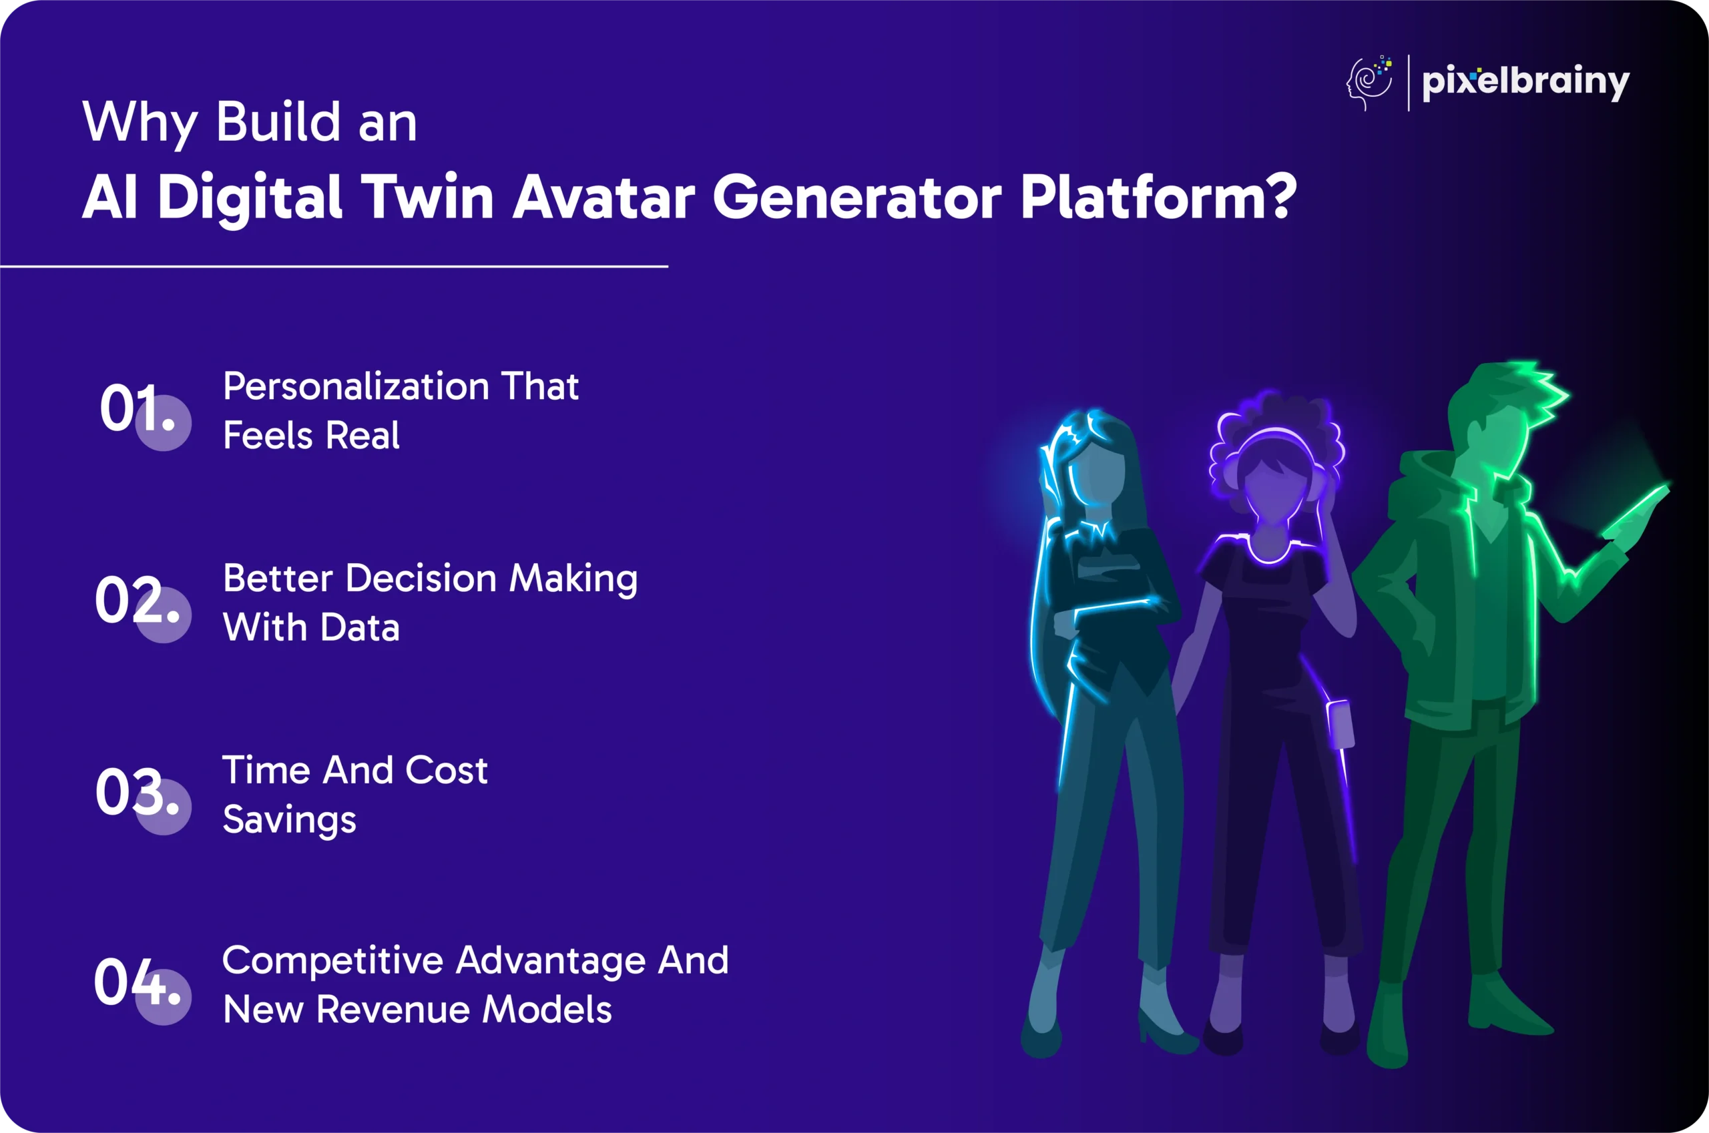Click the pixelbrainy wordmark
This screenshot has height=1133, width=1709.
[x=1525, y=81]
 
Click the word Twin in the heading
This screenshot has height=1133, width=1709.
[x=427, y=197]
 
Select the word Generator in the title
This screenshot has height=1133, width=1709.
[x=857, y=197]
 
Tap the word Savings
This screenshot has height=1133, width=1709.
[x=289, y=820]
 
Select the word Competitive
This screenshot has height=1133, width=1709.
[x=332, y=961]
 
